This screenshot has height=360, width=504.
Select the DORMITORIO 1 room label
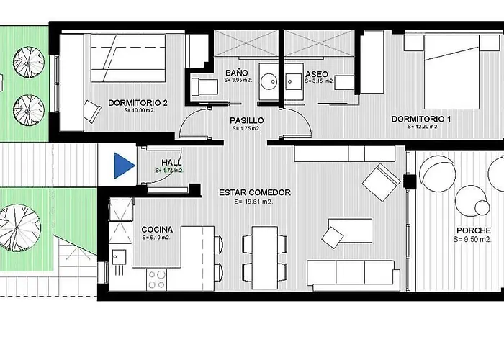(420, 119)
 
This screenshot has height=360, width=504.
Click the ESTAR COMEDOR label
(255, 192)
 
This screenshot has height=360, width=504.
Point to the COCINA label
(156, 228)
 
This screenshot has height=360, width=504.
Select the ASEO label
(317, 74)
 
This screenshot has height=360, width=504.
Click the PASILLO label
(247, 120)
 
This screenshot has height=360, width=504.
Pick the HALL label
(171, 163)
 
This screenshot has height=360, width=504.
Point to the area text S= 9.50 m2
(477, 239)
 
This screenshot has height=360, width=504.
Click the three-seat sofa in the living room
(353, 272)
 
